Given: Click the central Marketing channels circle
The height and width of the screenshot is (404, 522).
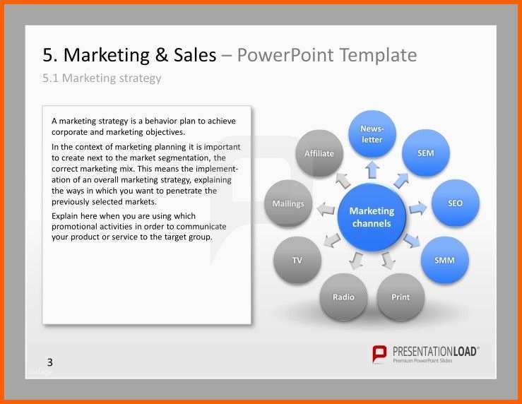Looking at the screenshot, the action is point(372,217).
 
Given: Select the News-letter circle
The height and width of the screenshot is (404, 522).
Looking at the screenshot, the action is point(372,133).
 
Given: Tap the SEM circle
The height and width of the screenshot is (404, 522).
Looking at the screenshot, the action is point(426,153).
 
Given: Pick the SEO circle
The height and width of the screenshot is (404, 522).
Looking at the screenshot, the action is point(456,203).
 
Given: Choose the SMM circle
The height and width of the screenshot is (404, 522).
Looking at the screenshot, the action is point(445,260).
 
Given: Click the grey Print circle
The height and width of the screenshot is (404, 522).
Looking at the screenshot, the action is point(401,297).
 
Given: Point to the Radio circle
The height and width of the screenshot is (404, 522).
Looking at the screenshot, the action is point(343,297).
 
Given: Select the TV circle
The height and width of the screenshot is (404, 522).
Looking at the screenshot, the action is point(297,260).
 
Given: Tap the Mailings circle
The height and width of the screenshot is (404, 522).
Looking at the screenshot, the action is point(288,203).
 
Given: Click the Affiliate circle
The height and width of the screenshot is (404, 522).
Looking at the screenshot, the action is point(319,153).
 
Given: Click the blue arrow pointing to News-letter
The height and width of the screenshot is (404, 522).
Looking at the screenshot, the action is point(372,170).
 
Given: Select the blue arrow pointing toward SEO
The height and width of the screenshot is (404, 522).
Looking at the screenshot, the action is point(417,208).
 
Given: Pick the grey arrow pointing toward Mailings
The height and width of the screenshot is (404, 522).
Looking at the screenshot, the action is point(326,209).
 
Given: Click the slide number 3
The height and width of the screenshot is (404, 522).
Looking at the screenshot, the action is point(50,362).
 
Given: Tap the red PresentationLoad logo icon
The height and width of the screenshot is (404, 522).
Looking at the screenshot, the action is point(379,354).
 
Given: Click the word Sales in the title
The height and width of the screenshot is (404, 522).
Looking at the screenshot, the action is point(195,55).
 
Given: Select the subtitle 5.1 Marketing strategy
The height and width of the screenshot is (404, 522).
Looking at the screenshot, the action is point(102,78).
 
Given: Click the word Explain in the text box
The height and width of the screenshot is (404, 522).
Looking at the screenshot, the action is point(65,216).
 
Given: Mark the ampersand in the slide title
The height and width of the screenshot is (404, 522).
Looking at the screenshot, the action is point(162,55).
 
